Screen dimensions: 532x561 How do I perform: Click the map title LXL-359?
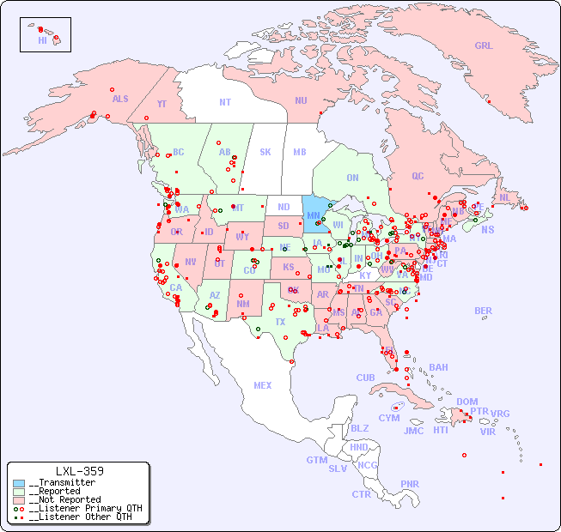[x=79, y=471]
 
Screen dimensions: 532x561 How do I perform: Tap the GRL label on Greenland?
[x=484, y=46]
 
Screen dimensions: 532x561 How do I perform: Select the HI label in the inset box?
[x=42, y=40]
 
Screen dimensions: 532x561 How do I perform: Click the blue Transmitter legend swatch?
[x=19, y=483]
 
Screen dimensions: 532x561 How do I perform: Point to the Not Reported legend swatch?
[x=19, y=499]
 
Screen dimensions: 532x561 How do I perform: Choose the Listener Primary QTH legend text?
[x=84, y=508]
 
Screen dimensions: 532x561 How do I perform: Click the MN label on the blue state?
[x=314, y=215]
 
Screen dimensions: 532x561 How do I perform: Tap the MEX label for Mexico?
[x=262, y=385]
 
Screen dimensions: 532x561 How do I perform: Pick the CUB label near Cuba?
[x=365, y=378]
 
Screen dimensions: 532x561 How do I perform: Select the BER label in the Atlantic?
[x=483, y=311]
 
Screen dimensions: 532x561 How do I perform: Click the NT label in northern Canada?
[x=224, y=102]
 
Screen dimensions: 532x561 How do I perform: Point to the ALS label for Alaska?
[x=120, y=99]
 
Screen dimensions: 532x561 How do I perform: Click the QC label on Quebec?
[x=418, y=176]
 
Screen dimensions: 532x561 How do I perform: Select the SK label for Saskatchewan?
[x=265, y=152]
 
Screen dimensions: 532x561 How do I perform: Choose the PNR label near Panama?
[x=410, y=484]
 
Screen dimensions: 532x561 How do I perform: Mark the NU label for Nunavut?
[x=301, y=100]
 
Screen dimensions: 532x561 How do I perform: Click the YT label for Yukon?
[x=162, y=104]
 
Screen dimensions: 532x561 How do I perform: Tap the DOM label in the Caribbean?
[x=466, y=402]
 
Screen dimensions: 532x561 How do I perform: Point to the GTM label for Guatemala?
[x=316, y=460]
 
